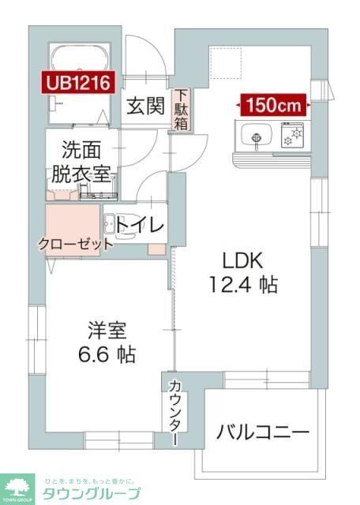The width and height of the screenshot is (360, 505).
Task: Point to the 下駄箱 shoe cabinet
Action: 181,110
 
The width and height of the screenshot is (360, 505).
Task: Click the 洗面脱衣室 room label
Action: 83,162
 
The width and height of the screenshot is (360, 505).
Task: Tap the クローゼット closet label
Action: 75,245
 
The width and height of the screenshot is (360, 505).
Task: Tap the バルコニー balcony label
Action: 263,432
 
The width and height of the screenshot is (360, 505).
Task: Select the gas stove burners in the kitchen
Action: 292,136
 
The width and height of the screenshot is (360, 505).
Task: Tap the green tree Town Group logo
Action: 17,487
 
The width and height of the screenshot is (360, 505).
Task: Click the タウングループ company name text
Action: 89,494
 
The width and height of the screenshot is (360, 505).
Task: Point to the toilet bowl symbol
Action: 111,224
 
